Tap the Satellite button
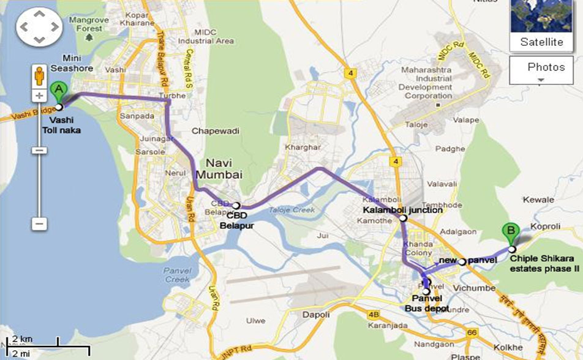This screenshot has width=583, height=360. coord(541,42)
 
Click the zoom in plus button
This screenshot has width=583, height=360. coord(39,96)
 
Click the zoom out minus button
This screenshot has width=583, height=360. coord(39,224)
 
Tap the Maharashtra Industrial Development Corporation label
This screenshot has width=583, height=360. coord(427,83)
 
